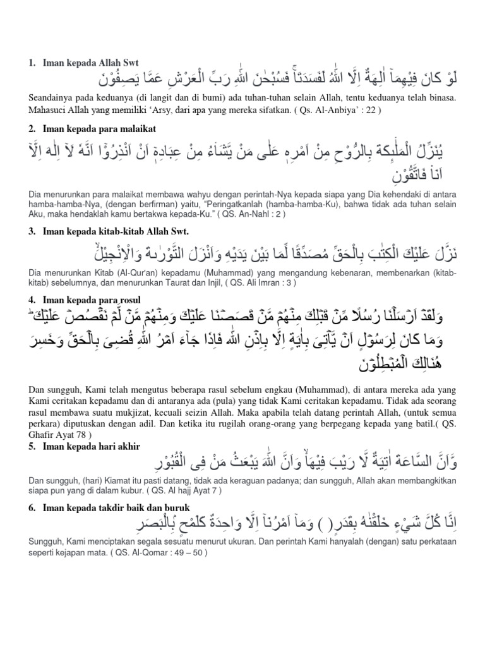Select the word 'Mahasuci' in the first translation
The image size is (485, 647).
[48, 110]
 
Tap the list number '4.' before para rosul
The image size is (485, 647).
[32, 299]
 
